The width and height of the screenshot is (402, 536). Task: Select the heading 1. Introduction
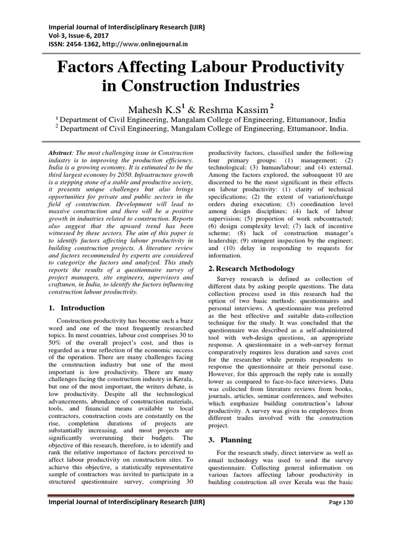pyautogui.click(x=77, y=307)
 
